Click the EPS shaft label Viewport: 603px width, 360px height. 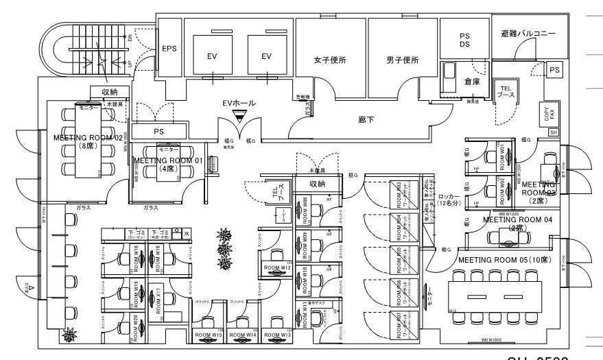coord(169,49)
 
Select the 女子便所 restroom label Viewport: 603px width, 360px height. coord(330,60)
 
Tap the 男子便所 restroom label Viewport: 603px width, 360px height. coord(402,60)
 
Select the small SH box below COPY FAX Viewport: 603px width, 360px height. coord(554,132)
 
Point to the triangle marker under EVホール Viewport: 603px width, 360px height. coord(239,117)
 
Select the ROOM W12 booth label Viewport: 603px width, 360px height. coord(276,267)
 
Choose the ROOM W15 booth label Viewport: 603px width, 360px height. coord(206,335)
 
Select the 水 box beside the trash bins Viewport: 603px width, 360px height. coord(187,234)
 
